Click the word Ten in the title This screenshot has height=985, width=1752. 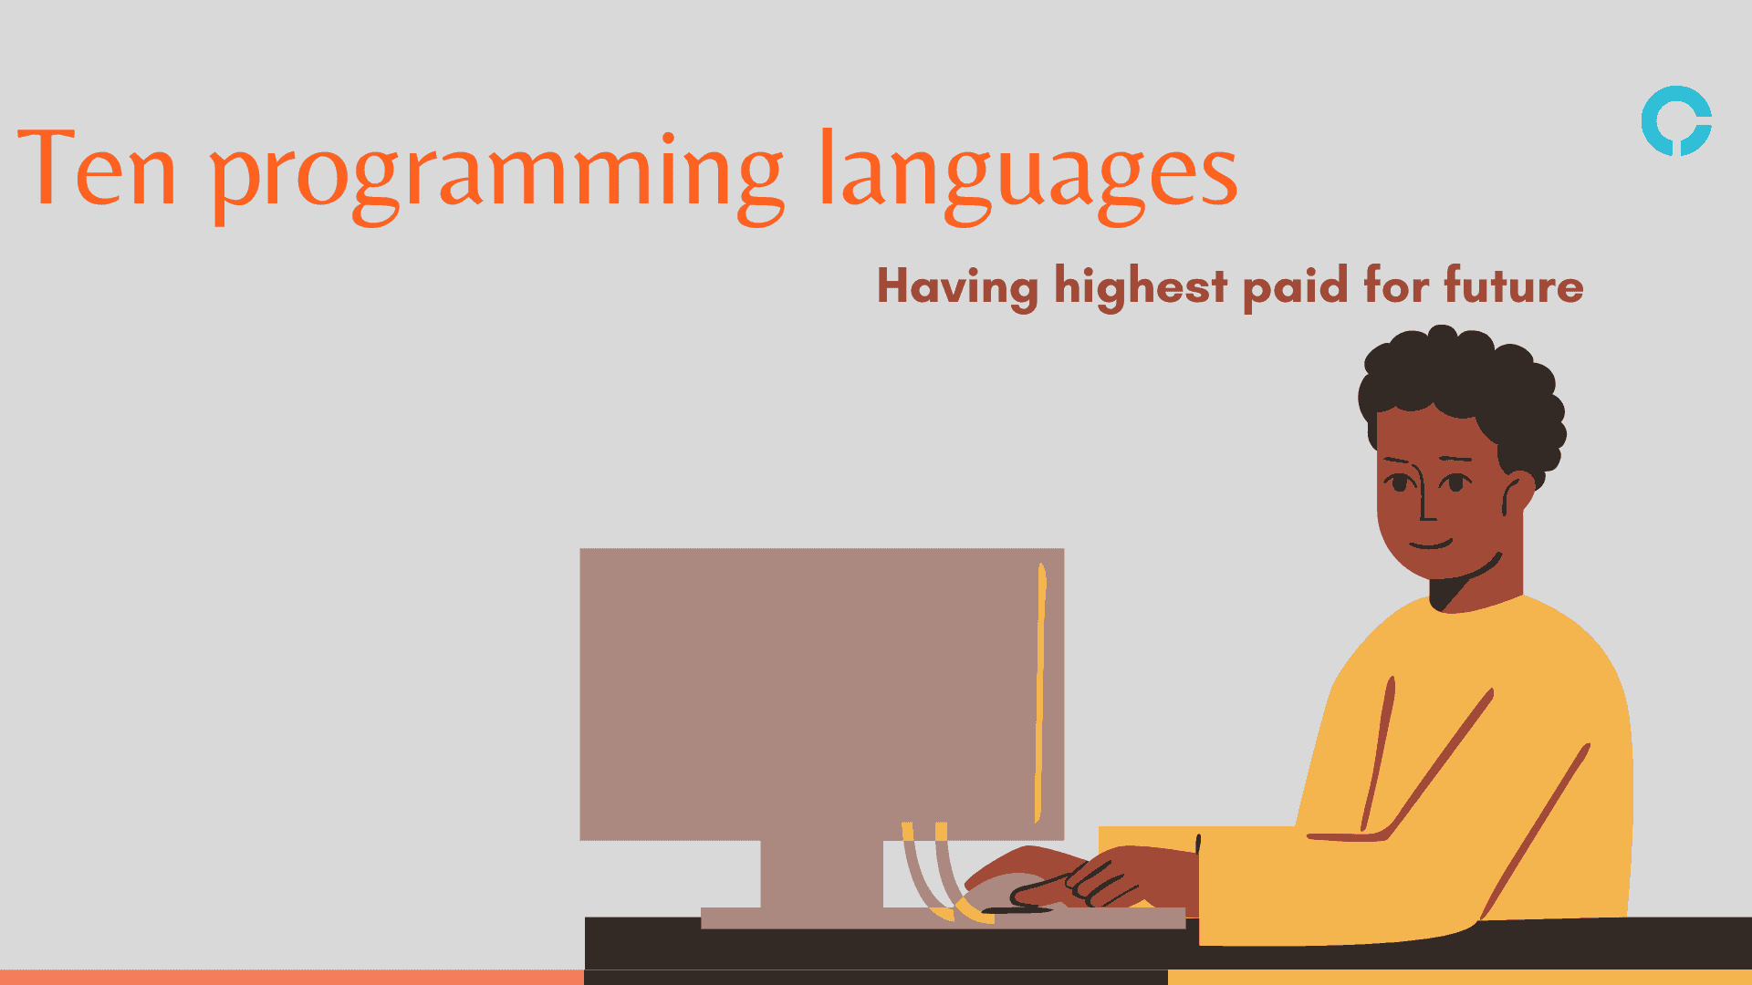tap(96, 169)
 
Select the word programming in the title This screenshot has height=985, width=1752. tap(497, 173)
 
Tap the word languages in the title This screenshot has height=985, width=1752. tap(1028, 173)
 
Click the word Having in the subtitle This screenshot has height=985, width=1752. tap(957, 286)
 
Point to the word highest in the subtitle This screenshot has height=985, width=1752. tap(1141, 286)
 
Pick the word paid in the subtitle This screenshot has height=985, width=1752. tap(1296, 286)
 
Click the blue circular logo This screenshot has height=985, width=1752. tap(1676, 121)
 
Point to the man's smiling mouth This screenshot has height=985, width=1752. tap(1431, 545)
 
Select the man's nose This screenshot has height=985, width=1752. tap(1425, 506)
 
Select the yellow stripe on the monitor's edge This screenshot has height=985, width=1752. tap(1040, 693)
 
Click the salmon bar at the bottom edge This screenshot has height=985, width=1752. tap(292, 977)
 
